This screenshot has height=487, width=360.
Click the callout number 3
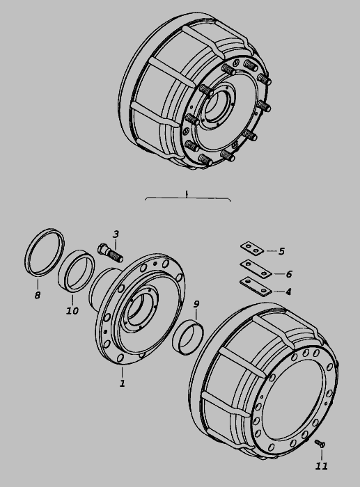(x=116, y=234)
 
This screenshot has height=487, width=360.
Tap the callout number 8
(x=38, y=295)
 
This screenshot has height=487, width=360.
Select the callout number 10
(x=72, y=310)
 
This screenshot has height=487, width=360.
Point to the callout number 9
(x=196, y=305)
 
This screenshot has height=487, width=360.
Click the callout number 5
(x=281, y=251)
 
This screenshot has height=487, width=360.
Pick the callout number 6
(x=289, y=274)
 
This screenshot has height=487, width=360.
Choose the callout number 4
(x=288, y=292)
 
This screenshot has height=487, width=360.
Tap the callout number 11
(x=322, y=466)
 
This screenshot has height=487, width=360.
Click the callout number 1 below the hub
(x=123, y=383)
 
